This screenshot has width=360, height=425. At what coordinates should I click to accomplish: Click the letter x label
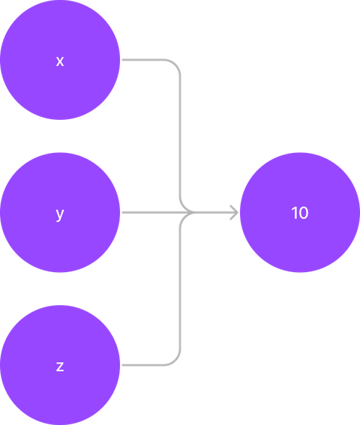60,61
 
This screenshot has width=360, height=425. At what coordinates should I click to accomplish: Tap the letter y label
60,214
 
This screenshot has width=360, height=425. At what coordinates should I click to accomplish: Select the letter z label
60,367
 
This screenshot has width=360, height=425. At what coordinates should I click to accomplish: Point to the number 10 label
300,213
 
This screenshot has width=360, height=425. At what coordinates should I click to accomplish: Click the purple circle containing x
60,60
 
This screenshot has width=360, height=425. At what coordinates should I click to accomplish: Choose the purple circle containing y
60,212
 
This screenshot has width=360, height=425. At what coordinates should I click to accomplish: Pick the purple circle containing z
60,365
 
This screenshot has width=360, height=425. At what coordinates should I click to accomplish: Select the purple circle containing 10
300,212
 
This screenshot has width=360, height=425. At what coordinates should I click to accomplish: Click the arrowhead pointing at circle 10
235,213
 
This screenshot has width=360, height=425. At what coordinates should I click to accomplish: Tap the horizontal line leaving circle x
143,60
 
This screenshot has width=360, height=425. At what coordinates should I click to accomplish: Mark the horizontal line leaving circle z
143,365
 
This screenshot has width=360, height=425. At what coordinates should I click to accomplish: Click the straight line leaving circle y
158,213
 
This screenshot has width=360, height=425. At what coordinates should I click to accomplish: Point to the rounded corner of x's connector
175,64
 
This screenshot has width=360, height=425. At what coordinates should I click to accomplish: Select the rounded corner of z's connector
175,361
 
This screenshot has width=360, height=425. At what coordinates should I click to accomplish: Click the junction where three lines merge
193,213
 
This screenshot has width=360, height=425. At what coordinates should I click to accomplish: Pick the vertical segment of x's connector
180,136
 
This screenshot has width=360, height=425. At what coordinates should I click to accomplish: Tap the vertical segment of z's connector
180,289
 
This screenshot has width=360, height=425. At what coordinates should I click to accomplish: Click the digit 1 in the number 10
294,213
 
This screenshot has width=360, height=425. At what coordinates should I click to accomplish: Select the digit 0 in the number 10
304,213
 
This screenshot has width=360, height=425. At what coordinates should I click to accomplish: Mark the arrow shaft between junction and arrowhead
216,213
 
